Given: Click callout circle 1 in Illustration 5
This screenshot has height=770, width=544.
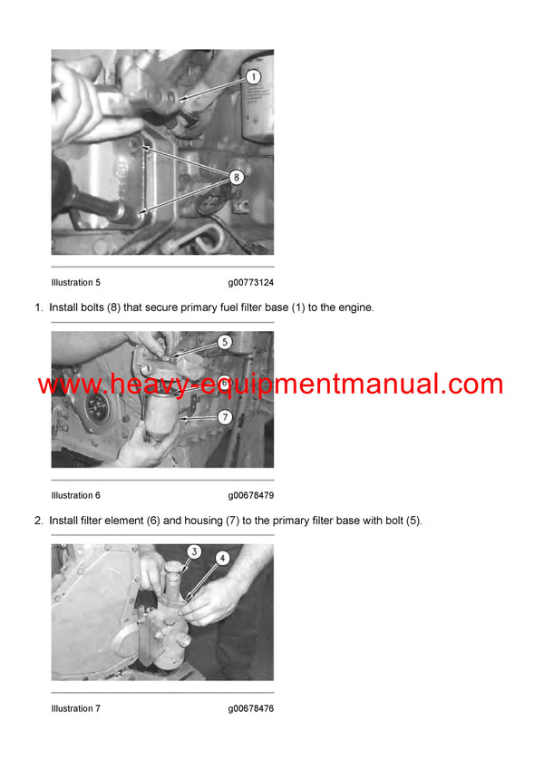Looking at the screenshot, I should (x=254, y=78).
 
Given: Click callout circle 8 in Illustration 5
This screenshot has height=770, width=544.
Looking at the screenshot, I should (x=236, y=179).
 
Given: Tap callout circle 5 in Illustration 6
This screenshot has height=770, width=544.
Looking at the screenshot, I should (x=225, y=343).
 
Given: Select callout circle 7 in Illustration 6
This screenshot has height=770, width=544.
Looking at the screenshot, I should (x=225, y=417).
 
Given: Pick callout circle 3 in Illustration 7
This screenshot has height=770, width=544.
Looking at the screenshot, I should (x=193, y=552).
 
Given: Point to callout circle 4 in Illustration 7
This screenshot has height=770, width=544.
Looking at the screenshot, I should (x=222, y=559).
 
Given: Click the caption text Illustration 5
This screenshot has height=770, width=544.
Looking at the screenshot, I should (x=75, y=283).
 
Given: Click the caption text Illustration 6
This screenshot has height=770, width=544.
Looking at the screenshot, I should (x=75, y=495).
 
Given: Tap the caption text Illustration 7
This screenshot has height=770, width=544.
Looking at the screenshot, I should (x=75, y=708).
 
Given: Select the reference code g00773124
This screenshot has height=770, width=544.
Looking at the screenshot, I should (x=250, y=283).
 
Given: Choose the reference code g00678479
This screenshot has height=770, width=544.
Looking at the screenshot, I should (x=250, y=495).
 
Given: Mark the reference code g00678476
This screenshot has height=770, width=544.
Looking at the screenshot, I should (x=250, y=708).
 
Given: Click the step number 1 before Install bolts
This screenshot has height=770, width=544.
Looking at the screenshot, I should (x=38, y=308).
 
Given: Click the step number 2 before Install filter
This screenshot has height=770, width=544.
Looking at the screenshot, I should (x=38, y=521).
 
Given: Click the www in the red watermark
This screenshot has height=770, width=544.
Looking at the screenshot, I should (x=67, y=385).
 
